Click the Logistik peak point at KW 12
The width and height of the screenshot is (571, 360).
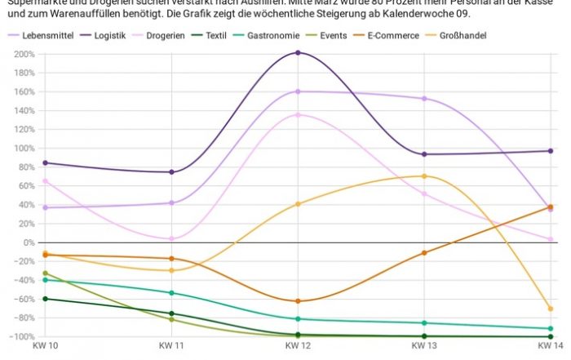coord(298,53)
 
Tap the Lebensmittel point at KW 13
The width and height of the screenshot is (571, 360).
coord(424,99)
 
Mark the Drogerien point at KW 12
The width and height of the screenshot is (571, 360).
coord(298,115)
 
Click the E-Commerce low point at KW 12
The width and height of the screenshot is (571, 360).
coord(298,301)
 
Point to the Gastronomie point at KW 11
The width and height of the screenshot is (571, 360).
coord(171,293)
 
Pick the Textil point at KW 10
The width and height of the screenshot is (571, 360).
coord(45,299)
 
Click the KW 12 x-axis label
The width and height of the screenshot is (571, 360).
coord(298,347)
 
